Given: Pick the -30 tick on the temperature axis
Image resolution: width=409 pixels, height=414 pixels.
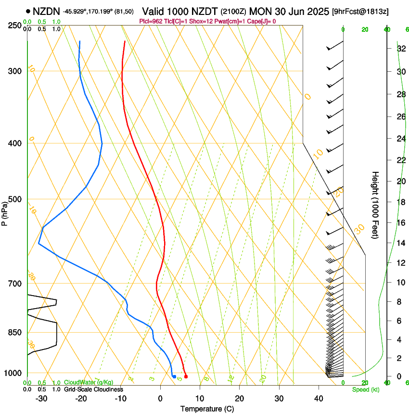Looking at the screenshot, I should (41, 399).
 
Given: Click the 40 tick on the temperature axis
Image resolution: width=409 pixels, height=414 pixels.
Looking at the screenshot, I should (318, 399).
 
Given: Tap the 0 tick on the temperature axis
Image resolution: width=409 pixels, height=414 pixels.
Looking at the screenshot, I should (161, 399).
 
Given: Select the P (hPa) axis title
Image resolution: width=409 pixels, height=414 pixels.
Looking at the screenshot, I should (5, 212).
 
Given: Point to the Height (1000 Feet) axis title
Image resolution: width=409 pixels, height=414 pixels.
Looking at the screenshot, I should (375, 205).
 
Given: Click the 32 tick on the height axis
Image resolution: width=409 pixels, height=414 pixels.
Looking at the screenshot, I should (399, 49).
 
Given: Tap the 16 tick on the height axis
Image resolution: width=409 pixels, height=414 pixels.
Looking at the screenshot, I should (399, 223).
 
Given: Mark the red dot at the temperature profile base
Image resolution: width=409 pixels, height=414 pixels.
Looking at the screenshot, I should (186, 376).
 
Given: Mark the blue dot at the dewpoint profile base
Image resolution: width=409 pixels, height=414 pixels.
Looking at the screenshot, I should (174, 376).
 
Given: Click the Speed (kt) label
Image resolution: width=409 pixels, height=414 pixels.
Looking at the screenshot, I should (365, 389).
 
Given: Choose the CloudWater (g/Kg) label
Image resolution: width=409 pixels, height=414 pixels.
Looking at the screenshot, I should (89, 383).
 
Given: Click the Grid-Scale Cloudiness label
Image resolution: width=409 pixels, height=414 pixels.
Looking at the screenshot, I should (93, 389).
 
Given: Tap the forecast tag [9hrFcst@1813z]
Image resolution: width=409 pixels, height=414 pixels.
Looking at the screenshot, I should (360, 11).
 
